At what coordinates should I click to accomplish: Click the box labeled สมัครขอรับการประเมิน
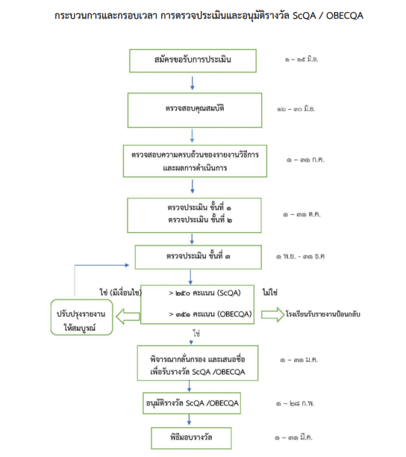pos(193,60)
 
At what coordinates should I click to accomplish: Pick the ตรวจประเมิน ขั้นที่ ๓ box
pos(199,257)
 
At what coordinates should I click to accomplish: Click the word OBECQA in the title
pos(341,15)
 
